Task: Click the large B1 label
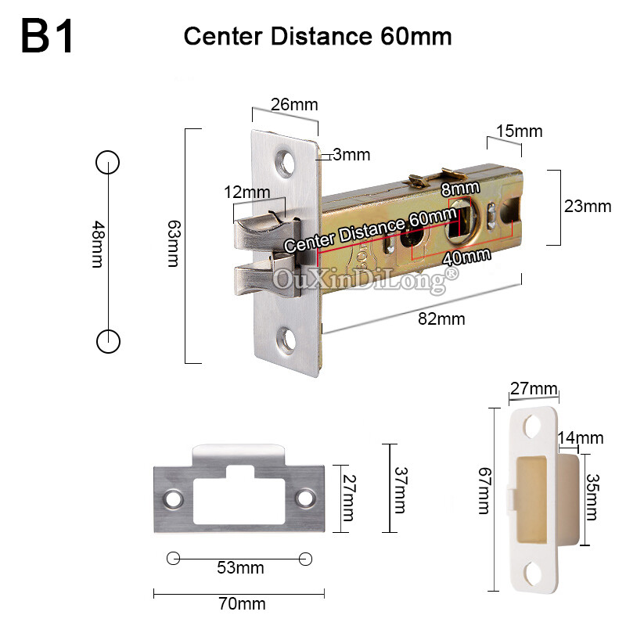[x=48, y=36]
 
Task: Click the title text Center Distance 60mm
[x=318, y=37]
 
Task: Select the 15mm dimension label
[x=519, y=131]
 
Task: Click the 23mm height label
[x=587, y=207]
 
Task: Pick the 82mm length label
[x=441, y=318]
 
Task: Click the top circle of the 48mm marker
[x=107, y=162]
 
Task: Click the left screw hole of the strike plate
[x=172, y=498]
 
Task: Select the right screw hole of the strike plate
[x=305, y=498]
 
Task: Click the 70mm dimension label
[x=243, y=603]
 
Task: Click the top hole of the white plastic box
[x=534, y=426]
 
